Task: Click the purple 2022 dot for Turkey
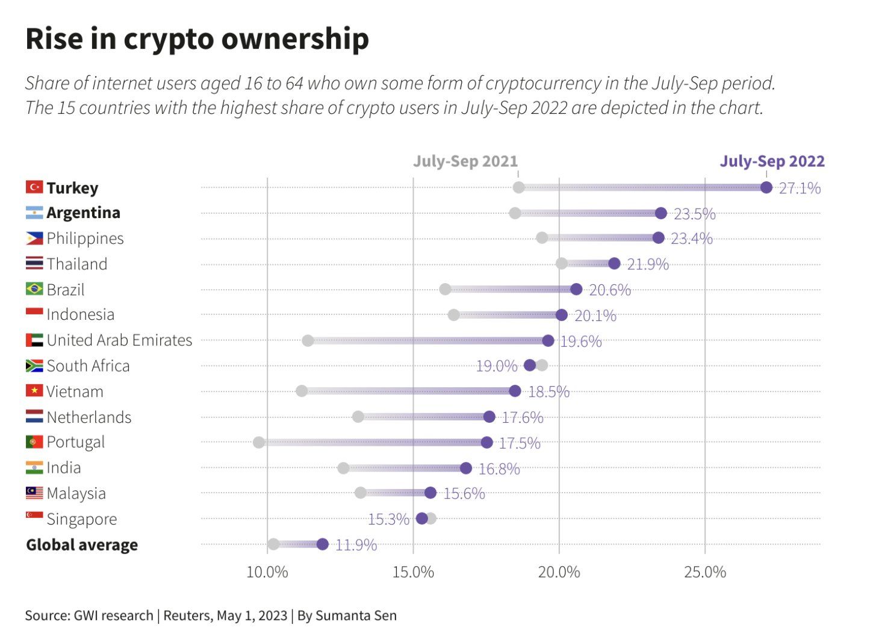point(766,187)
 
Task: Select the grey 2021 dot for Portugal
point(259,443)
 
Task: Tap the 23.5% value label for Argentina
point(695,214)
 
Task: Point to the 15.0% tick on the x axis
point(413,572)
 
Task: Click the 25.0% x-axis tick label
point(705,572)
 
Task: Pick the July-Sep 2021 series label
point(465,161)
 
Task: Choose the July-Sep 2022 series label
point(772,161)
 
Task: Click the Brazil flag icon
point(34,289)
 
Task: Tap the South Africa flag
point(34,366)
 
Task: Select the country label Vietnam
point(75,391)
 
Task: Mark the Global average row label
point(82,545)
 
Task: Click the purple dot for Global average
point(323,544)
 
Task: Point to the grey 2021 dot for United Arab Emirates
point(308,341)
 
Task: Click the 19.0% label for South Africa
point(496,366)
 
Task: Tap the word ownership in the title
point(295,39)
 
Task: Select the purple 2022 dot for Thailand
point(614,263)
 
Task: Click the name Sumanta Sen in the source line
point(356,616)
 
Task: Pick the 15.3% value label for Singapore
point(388,519)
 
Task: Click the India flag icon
point(34,467)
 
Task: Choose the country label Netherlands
point(89,417)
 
